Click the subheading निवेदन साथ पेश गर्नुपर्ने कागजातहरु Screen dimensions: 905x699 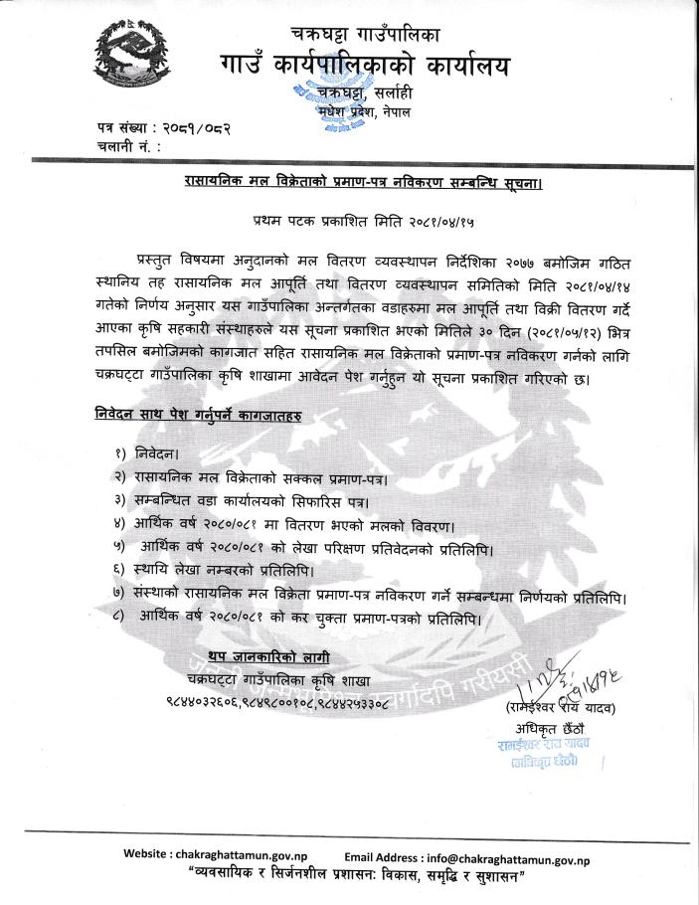(x=193, y=412)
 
